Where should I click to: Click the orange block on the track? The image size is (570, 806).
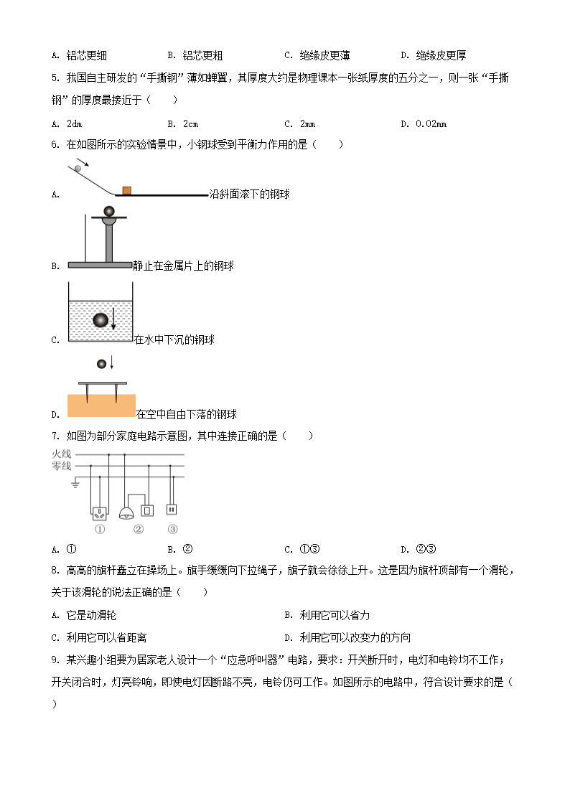(126, 190)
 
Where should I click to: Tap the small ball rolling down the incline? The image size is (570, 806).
(78, 169)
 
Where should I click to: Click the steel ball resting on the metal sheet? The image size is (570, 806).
(108, 211)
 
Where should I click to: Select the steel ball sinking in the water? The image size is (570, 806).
(101, 319)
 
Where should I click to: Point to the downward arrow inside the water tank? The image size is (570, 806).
(113, 317)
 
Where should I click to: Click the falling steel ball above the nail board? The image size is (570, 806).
(101, 364)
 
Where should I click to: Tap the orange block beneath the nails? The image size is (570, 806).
(101, 406)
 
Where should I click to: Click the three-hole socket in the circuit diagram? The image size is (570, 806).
(99, 512)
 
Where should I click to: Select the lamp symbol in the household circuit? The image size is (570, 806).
(127, 512)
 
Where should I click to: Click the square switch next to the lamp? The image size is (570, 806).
(147, 510)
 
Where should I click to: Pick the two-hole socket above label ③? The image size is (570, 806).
(172, 510)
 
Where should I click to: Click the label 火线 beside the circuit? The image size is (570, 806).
(62, 454)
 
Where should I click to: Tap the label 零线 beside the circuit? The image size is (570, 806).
(62, 467)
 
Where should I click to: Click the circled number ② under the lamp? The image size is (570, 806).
(138, 530)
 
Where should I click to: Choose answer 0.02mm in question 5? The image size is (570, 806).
(431, 124)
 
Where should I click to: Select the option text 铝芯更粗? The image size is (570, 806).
(202, 55)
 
